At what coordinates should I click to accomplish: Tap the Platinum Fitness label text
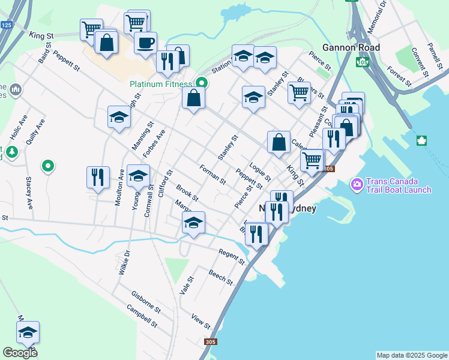pyautogui.click(x=161, y=85)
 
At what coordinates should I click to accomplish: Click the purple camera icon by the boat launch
pyautogui.click(x=357, y=182)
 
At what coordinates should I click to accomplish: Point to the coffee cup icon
pyautogui.click(x=145, y=43)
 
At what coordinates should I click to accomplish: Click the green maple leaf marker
pyautogui.click(x=421, y=141)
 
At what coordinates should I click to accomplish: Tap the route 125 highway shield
pyautogui.click(x=7, y=25)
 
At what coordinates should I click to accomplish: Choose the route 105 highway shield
pyautogui.click(x=362, y=62)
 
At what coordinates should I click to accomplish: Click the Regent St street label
pyautogui.click(x=232, y=257)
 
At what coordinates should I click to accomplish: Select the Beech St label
pyautogui.click(x=221, y=277)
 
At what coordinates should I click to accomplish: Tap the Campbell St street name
pyautogui.click(x=142, y=316)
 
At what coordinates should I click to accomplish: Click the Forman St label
pyautogui.click(x=213, y=175)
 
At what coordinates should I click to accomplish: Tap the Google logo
pyautogui.click(x=20, y=353)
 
